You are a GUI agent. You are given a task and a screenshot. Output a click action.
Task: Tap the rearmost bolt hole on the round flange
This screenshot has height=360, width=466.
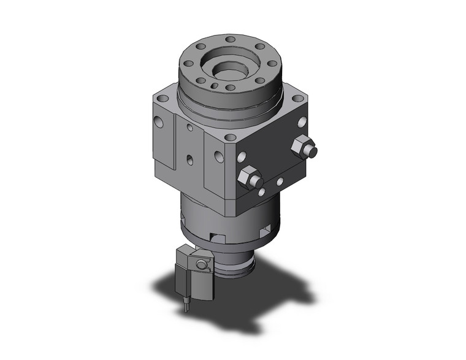[230, 40]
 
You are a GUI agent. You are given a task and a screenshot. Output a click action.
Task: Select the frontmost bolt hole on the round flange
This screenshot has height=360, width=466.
[230, 87]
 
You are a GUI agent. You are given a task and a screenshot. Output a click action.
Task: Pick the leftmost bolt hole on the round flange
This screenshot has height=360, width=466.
[189, 63]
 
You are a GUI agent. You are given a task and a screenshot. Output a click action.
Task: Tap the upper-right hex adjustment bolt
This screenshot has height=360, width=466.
[304, 148]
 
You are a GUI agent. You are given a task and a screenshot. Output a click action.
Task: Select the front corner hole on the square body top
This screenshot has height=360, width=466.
[230, 137]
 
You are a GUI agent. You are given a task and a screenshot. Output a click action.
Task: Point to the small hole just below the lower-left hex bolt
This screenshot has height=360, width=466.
[261, 193]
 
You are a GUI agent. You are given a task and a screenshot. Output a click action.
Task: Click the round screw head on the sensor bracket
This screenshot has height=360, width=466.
[200, 264]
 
